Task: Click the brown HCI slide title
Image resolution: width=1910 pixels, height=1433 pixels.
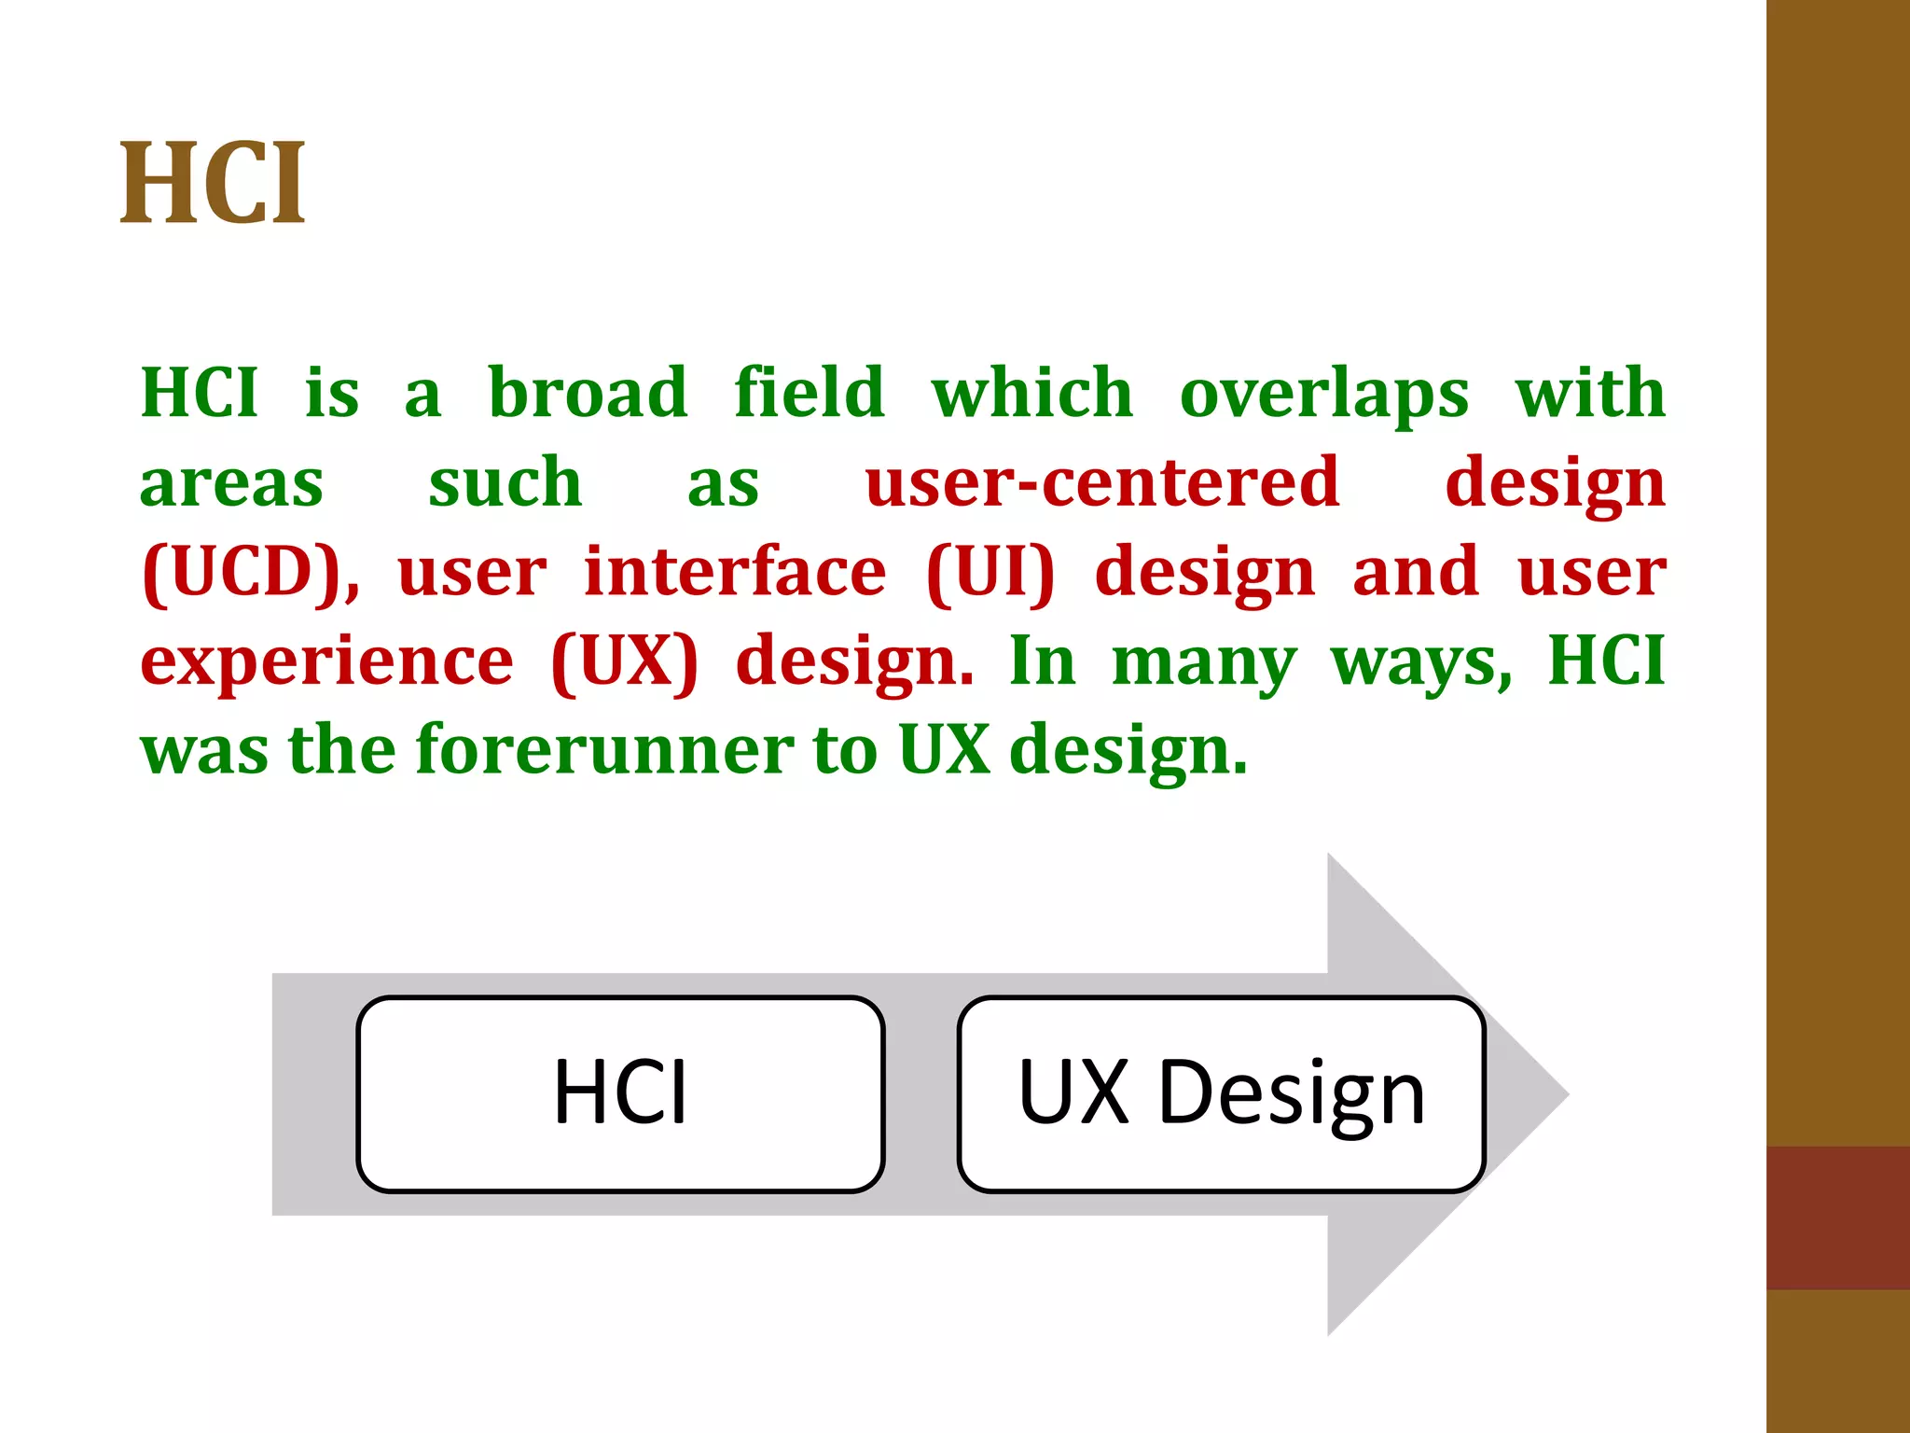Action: (x=213, y=183)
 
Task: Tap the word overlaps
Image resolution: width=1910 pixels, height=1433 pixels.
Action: (x=1324, y=394)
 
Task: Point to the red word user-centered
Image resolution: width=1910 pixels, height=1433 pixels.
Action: (x=1102, y=482)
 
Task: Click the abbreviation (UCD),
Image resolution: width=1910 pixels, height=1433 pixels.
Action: (x=250, y=572)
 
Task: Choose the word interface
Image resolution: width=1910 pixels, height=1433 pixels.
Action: (x=735, y=571)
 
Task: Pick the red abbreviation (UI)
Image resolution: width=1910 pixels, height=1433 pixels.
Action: (x=990, y=572)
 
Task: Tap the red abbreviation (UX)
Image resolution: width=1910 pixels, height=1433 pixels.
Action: (x=624, y=661)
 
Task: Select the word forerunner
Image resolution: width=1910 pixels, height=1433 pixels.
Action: (x=604, y=749)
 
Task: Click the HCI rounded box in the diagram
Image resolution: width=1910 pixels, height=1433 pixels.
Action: (x=620, y=1093)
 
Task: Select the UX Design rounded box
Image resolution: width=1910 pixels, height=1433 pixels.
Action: (x=1221, y=1093)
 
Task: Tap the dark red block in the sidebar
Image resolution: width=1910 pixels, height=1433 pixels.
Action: (x=1837, y=1217)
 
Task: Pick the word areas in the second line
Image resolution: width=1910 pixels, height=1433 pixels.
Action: (x=231, y=483)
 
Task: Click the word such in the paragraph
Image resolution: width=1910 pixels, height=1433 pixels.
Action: (x=505, y=482)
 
